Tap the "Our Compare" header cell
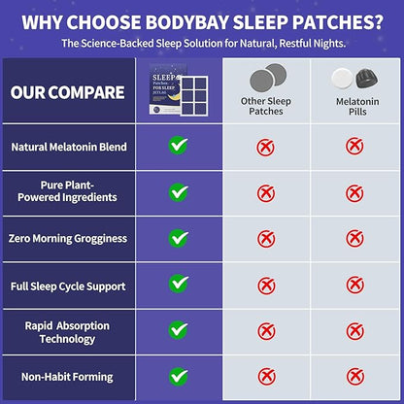tap(67, 93)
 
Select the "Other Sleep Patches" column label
tap(265, 105)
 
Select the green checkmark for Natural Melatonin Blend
tap(179, 147)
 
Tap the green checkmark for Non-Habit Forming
tap(179, 376)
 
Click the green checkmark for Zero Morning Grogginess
tap(179, 238)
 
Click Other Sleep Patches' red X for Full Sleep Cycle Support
tap(265, 286)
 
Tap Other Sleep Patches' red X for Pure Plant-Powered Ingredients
tap(265, 193)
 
